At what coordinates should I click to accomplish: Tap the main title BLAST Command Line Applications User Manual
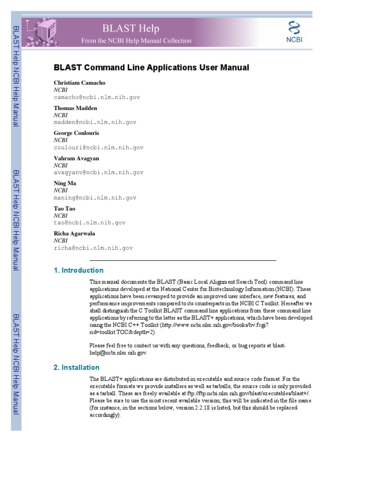pos(152,68)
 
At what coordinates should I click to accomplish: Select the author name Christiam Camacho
pos(80,83)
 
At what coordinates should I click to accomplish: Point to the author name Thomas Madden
pos(75,108)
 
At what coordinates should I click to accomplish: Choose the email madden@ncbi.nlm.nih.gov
pos(95,122)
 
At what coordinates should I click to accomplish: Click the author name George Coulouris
pos(76,133)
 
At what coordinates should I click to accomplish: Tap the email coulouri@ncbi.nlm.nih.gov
pos(99,148)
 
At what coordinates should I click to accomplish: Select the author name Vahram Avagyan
pos(76,158)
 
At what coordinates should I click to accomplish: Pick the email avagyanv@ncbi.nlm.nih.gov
pos(99,173)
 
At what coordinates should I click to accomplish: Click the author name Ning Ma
pos(65,183)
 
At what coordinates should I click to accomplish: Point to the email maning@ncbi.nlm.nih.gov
pos(95,198)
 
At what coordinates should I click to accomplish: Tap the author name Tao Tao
pos(64,209)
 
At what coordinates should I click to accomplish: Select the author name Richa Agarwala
pos(74,234)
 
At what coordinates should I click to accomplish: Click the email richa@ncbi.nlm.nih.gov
pos(93,248)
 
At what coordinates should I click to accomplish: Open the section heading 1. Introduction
pos(79,270)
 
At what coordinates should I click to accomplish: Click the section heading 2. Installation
pos(77,367)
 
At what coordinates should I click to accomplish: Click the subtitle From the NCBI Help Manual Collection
pos(136,41)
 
